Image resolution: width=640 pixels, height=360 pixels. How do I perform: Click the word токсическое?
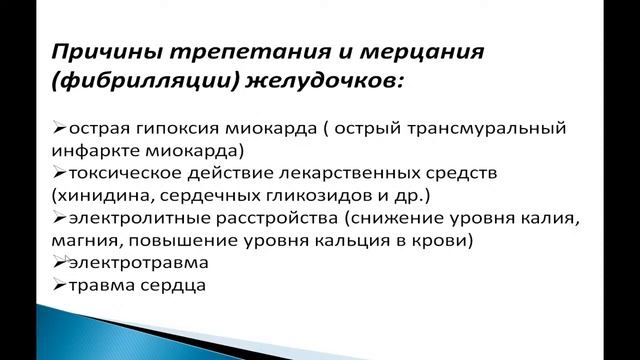click(x=115, y=174)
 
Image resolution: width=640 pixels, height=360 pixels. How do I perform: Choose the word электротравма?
click(x=124, y=263)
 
